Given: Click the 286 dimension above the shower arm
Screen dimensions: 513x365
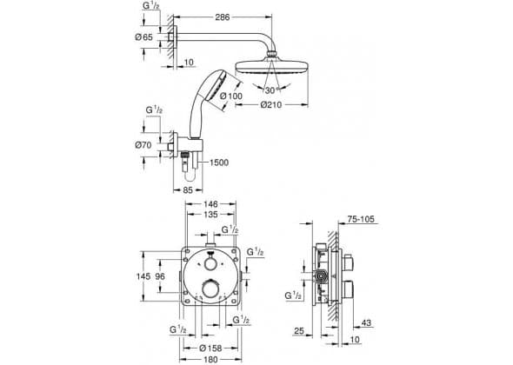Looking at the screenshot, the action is [222, 17].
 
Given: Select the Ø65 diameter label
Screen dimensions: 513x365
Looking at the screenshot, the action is [144, 37].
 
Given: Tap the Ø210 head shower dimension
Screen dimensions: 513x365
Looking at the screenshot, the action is [271, 104].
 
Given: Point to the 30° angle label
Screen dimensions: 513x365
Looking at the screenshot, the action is [271, 90].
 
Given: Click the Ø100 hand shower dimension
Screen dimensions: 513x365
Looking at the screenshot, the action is [231, 96].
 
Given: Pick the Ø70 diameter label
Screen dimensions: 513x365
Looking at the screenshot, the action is [143, 145].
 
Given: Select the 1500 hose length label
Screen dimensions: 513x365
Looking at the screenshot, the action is [219, 163].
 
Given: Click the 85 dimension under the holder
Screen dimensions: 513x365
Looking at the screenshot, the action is [188, 189].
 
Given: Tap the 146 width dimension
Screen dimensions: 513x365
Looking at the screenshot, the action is [210, 204].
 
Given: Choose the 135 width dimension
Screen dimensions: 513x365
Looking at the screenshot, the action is [210, 215].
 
